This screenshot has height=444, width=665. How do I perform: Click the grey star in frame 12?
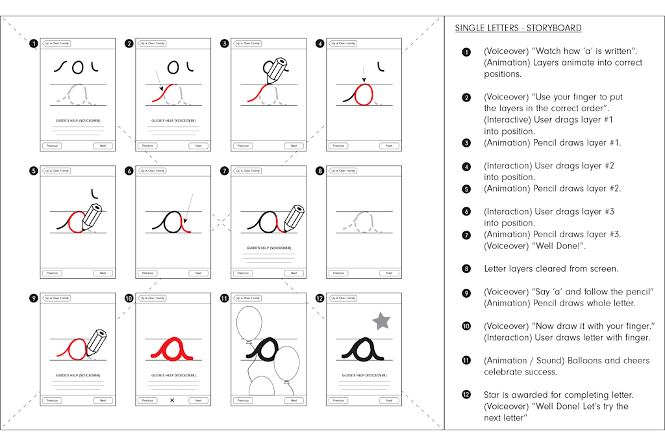(381, 320)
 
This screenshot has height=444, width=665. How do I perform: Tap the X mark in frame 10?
(172, 400)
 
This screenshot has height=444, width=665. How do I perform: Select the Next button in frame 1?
(103, 146)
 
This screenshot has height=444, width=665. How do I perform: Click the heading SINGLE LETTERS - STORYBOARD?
(518, 28)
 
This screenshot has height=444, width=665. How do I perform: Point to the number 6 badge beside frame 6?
(129, 171)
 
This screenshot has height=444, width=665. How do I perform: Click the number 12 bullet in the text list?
(466, 395)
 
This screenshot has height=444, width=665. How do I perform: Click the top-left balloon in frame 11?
(249, 323)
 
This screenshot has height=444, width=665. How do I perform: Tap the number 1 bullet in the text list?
(466, 52)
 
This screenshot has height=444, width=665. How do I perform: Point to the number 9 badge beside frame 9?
(33, 298)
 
